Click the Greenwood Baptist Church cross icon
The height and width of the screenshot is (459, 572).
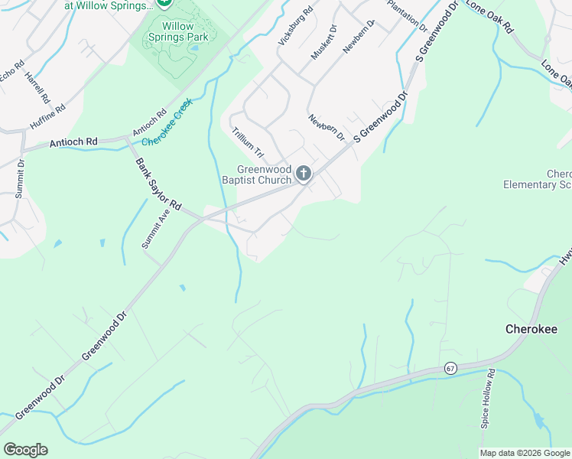click(304, 174)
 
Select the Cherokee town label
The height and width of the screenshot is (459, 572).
click(531, 329)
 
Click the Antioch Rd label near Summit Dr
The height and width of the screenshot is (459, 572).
click(73, 142)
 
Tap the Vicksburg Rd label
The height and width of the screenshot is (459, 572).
click(296, 27)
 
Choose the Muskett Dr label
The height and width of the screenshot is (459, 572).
click(324, 44)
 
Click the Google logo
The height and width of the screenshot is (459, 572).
click(25, 450)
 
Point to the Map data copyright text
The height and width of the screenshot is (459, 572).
click(525, 453)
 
